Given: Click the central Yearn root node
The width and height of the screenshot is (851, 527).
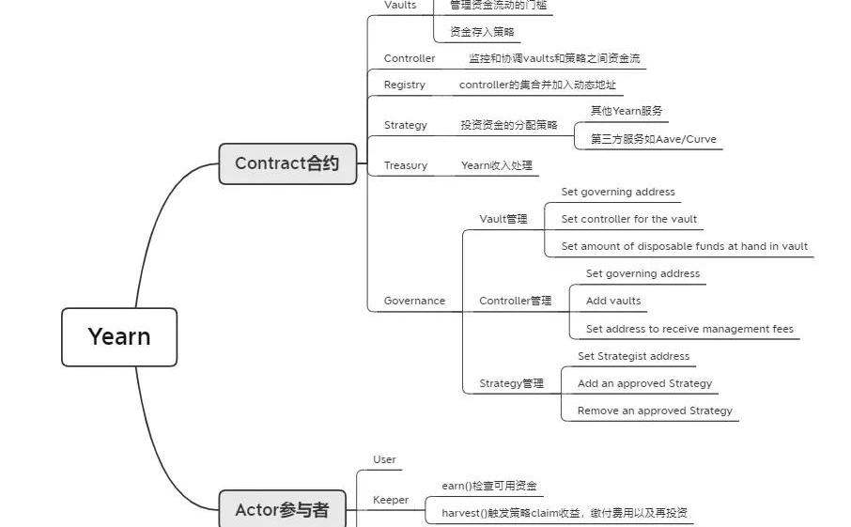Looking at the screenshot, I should click(x=119, y=336).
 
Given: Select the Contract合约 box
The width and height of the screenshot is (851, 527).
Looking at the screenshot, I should click(x=286, y=163).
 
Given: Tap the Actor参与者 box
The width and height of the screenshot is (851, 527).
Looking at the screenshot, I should click(x=282, y=510).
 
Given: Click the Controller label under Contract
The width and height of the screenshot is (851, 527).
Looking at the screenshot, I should click(x=410, y=58).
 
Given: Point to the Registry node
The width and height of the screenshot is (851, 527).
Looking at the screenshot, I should click(x=404, y=85).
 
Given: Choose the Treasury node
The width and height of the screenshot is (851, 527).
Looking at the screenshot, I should click(x=405, y=165).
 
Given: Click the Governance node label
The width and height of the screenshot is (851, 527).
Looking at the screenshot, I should click(x=414, y=301).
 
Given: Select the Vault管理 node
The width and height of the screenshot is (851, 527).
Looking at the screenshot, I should click(x=503, y=219).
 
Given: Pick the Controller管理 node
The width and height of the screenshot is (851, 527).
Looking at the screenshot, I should click(x=515, y=301).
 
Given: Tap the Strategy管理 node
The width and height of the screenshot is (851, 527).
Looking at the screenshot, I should click(x=511, y=383).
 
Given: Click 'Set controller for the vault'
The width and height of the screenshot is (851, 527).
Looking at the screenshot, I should click(x=628, y=219).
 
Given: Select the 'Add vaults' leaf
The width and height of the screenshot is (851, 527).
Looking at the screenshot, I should click(x=613, y=301).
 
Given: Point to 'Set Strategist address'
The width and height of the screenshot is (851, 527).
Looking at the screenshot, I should click(x=633, y=356).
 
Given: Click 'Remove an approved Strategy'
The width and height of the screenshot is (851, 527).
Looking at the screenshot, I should click(x=655, y=411).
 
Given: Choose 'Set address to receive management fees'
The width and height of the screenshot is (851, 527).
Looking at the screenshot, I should click(x=689, y=329).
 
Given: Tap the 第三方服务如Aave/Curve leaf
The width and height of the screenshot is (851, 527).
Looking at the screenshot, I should click(x=653, y=139).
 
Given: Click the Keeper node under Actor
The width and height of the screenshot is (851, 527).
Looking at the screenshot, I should click(x=391, y=500).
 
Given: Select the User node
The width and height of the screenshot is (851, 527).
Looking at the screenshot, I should click(x=384, y=459).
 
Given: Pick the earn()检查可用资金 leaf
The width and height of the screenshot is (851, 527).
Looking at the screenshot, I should click(x=489, y=486).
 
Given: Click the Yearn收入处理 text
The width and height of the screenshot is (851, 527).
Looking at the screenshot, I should click(x=496, y=165).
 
